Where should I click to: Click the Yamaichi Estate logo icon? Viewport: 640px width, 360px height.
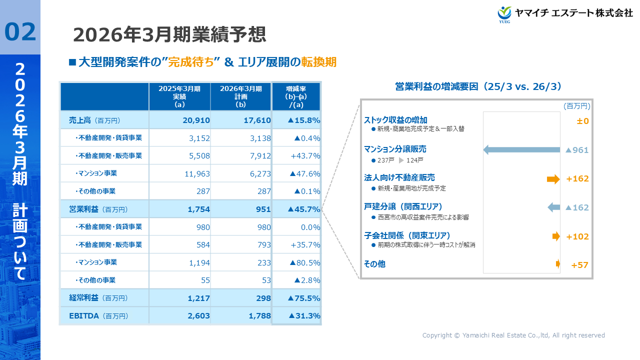505,14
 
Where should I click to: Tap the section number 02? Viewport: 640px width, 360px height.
20,31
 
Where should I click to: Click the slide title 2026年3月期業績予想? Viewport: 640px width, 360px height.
169,35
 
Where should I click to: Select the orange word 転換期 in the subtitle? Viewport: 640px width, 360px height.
319,62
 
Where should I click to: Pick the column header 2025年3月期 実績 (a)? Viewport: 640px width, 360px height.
179,96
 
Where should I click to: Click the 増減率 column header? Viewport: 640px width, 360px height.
296,96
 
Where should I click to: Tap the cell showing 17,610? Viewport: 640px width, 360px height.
257,120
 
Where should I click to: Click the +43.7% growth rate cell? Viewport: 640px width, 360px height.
305,156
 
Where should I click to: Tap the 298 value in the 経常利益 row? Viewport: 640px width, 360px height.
263,298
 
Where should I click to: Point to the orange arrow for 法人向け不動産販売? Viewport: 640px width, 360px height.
553,179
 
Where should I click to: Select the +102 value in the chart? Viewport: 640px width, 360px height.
577,237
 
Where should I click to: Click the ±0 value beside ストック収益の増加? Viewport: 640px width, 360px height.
582,121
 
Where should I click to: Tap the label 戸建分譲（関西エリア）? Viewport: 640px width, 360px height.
403,206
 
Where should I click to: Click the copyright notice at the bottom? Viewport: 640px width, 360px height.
513,335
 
